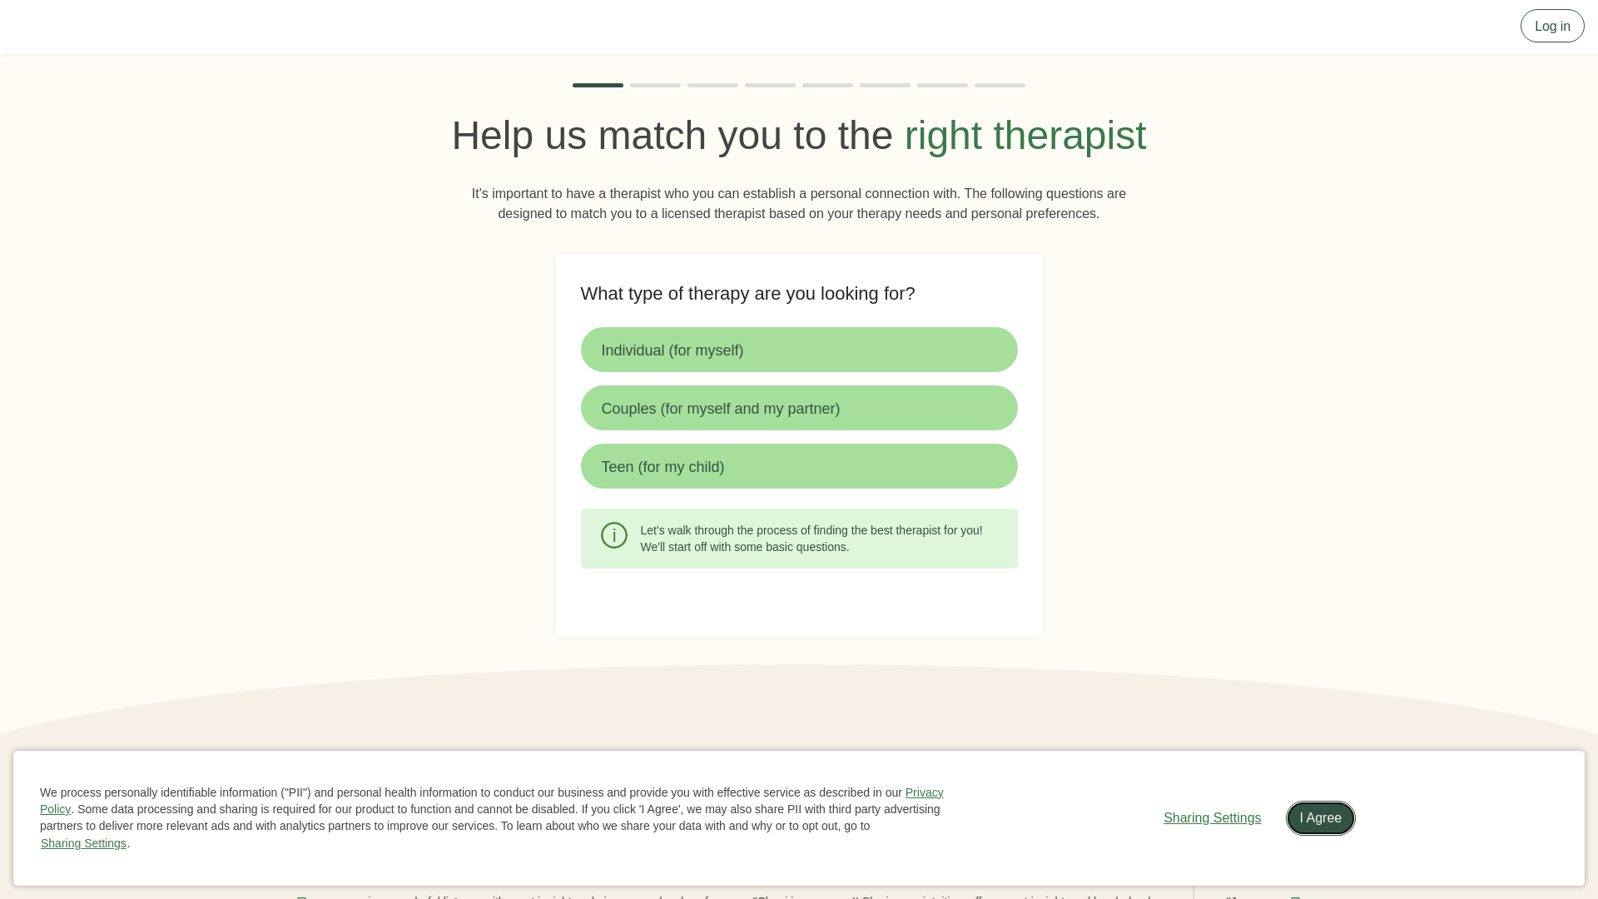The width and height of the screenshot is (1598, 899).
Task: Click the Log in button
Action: tap(1551, 26)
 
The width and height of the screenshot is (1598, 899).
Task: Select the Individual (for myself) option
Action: tap(798, 350)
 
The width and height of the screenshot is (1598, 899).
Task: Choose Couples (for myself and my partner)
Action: tap(798, 408)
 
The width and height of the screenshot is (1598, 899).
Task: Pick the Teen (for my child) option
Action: tap(798, 466)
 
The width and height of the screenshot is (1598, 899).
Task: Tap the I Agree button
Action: tap(1320, 818)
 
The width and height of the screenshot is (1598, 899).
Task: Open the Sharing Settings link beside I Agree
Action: tap(1212, 818)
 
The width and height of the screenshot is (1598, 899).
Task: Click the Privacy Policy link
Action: tap(924, 792)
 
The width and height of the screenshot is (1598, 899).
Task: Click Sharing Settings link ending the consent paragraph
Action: tap(83, 843)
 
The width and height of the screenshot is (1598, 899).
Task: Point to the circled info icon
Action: tap(614, 535)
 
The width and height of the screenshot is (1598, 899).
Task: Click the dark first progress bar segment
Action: tap(598, 85)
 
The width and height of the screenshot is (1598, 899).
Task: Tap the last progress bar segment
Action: tap(1000, 85)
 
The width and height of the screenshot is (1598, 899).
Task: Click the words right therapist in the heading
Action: tap(1025, 136)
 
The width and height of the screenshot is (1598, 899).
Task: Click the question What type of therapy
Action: tap(747, 294)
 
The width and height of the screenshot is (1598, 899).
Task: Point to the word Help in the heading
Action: tap(492, 136)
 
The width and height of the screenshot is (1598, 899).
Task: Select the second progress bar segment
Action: tap(655, 85)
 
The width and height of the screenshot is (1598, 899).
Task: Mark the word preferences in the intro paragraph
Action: tap(1062, 214)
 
